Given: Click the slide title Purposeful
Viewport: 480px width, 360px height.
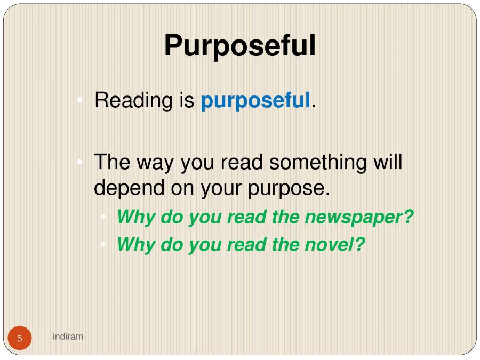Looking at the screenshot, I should pos(239,46).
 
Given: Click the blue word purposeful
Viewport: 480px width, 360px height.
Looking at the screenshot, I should pos(255,100).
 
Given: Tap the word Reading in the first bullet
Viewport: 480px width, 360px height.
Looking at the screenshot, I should pos(133,100).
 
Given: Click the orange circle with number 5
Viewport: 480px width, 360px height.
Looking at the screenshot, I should pos(20,338).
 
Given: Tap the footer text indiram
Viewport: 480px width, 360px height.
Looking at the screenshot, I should pos(68,336).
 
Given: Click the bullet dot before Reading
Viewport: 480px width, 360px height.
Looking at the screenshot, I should pos(79,100).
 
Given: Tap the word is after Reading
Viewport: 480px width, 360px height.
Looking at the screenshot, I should pos(186,100).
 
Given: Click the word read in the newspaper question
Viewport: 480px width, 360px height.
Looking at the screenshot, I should pos(246,218).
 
